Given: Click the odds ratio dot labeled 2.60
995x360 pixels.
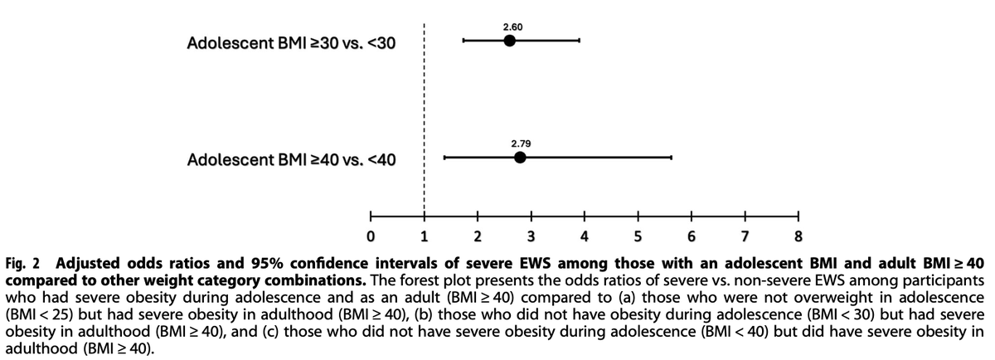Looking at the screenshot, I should point(509,41).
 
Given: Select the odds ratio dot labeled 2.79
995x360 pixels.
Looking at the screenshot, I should point(520,158).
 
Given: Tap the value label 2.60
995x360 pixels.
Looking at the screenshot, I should point(512,27).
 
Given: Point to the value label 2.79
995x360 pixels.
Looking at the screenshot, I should point(520,144).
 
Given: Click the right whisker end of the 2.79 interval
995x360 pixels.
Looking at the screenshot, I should point(671,158).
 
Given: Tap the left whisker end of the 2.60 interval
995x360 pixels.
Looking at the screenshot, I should point(463,41).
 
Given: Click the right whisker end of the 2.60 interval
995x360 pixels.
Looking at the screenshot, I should point(579,41).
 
